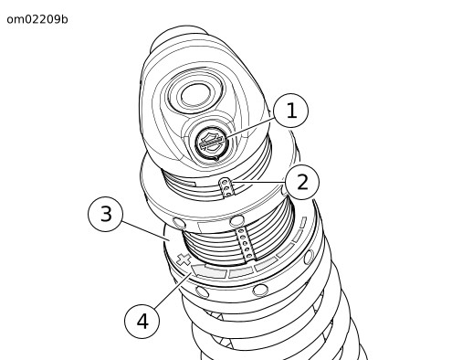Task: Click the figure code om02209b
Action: point(37,19)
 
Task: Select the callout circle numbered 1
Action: point(291,111)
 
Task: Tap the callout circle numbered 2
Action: point(302,183)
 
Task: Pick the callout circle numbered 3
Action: point(106,214)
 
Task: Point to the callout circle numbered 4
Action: point(142,321)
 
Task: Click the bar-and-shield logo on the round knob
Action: point(212,143)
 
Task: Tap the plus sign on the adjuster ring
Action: point(184,259)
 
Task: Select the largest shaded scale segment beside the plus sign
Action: point(209,270)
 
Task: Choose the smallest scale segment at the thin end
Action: point(303,222)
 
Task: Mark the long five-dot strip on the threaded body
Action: point(246,244)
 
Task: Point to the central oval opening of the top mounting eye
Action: point(195,95)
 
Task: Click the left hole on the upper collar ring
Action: point(179,223)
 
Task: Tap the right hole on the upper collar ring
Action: point(236,221)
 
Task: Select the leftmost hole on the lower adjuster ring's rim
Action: point(202,291)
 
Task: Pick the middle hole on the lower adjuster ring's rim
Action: point(260,290)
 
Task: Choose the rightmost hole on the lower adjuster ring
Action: point(309,257)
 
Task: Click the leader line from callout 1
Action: point(249,128)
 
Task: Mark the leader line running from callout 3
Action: point(145,231)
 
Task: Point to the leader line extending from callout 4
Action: point(173,291)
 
